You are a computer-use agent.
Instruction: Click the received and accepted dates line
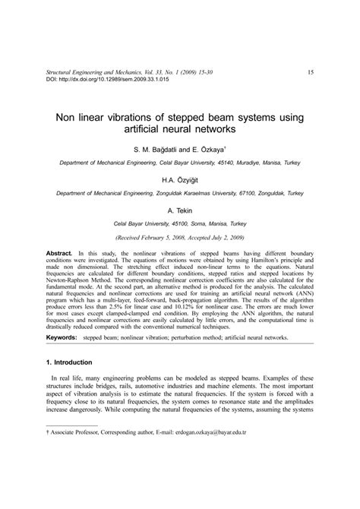180,237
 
